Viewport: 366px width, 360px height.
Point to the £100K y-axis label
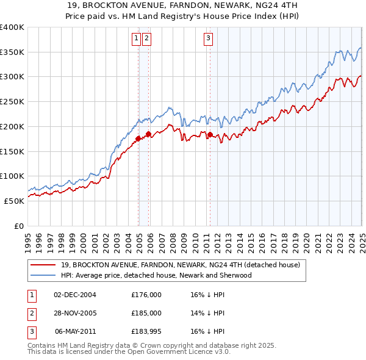click(13, 176)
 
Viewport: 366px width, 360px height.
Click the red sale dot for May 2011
click(210, 134)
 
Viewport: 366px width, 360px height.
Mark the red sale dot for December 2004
click(138, 139)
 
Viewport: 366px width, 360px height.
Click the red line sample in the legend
click(43, 265)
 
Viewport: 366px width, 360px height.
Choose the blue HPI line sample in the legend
click(43, 275)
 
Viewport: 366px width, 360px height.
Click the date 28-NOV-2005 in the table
click(75, 313)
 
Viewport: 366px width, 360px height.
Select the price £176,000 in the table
click(146, 295)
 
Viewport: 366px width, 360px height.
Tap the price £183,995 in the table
click(146, 331)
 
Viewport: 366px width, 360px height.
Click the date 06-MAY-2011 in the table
click(75, 331)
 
